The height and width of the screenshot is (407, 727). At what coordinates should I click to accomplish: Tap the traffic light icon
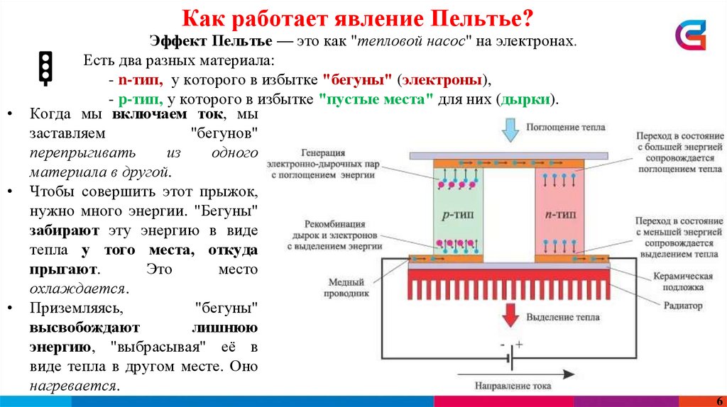[46, 68]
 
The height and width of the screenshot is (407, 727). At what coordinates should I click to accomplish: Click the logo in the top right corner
[690, 35]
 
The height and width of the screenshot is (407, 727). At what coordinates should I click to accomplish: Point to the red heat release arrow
[509, 313]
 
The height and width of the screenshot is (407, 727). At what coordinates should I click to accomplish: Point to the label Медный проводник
[349, 286]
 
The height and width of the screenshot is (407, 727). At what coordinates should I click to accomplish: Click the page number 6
[719, 399]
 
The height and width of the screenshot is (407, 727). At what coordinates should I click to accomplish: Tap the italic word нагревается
[73, 386]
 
